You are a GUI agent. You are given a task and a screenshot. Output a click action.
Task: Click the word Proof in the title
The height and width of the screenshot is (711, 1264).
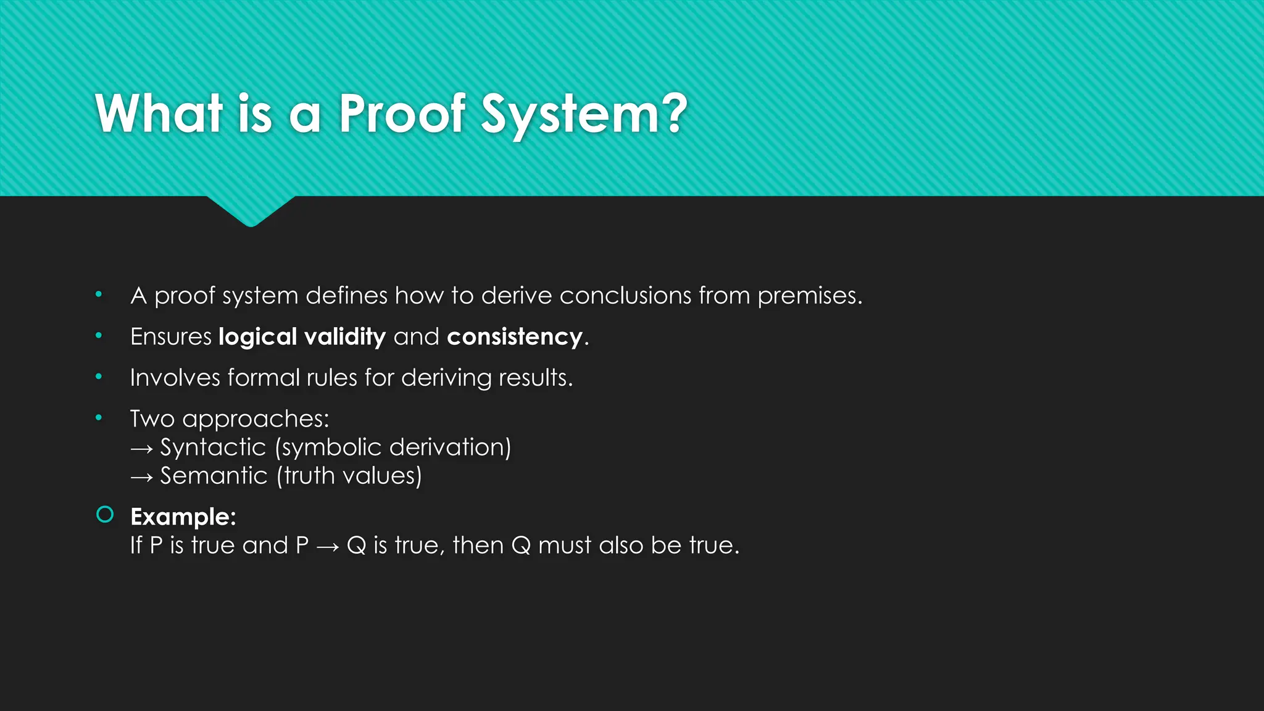(x=402, y=114)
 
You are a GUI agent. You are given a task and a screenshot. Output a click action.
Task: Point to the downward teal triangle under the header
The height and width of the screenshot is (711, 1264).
(x=251, y=210)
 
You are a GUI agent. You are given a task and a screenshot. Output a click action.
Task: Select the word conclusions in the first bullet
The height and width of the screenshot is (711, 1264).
(x=625, y=296)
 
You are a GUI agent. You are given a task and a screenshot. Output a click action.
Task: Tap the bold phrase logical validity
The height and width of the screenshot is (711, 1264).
(x=302, y=337)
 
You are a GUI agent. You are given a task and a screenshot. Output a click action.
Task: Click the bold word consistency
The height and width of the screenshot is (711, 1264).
(x=515, y=337)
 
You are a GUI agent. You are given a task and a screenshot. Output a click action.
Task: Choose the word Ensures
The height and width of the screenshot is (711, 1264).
(x=171, y=337)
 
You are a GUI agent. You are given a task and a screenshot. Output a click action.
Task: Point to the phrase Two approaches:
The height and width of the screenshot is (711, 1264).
(x=230, y=419)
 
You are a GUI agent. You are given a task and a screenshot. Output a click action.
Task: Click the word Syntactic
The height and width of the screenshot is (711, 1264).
(x=213, y=447)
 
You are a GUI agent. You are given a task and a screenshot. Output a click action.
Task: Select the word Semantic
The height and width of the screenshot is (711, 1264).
(x=214, y=476)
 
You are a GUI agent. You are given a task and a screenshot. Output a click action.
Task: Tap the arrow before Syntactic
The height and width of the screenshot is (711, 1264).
(x=141, y=449)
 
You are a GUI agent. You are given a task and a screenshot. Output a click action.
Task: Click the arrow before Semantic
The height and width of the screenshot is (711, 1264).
(x=141, y=477)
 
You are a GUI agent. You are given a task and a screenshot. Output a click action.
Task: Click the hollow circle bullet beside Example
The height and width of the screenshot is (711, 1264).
(x=106, y=514)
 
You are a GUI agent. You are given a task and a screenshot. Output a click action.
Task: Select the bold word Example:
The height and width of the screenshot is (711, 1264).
(x=183, y=517)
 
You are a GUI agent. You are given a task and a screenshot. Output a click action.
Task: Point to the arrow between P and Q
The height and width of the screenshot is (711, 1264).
(x=327, y=546)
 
